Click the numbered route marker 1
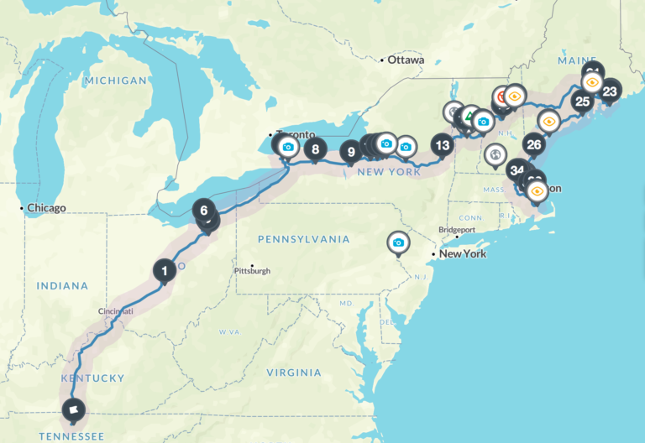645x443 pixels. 165,270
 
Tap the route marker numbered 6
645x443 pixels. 203,210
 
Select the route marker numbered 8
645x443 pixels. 315,151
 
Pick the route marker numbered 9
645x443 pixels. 351,152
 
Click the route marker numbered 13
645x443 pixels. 442,144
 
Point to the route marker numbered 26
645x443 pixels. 533,144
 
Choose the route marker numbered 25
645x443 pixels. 581,102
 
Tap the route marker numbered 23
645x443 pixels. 610,91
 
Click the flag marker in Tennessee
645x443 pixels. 74,410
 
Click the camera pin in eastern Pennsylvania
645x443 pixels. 398,242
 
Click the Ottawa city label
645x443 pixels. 405,60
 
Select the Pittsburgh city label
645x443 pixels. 252,270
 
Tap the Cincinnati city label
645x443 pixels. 116,311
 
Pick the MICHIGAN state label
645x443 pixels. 115,81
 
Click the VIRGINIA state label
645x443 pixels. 293,372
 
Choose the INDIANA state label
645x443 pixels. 62,286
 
